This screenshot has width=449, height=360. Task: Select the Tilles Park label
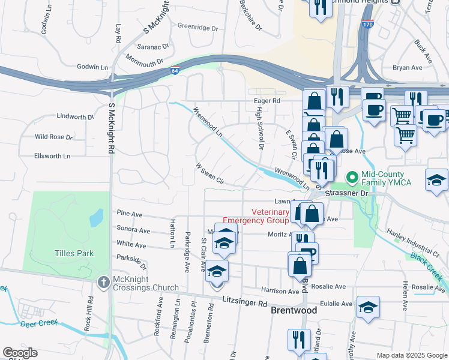tap(74, 253)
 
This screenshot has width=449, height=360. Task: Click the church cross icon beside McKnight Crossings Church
tap(104, 281)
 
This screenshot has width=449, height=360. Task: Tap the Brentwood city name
tap(294, 310)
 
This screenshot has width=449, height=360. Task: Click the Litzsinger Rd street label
tap(244, 303)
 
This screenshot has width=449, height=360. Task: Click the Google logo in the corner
tap(20, 353)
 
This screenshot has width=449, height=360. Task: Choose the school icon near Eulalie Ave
tap(368, 307)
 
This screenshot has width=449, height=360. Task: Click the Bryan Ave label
tap(408, 68)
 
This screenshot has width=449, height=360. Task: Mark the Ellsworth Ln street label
tap(52, 156)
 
